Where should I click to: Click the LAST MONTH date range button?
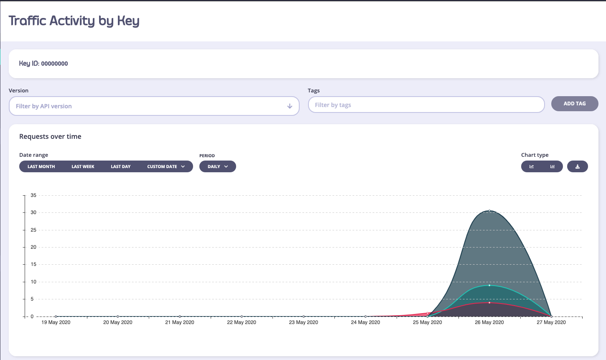[x=41, y=166]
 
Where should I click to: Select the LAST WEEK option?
[x=83, y=166]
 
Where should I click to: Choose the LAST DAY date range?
[x=120, y=166]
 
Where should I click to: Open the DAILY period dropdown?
[x=218, y=166]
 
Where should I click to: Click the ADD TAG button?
[x=575, y=104]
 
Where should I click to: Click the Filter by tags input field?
[x=426, y=105]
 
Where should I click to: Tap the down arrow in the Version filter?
[x=290, y=106]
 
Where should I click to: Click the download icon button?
[x=578, y=166]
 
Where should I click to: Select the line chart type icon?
[x=532, y=166]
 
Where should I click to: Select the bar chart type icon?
[x=553, y=166]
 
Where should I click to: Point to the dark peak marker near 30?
[x=489, y=211]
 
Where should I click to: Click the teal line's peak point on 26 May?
[x=489, y=285]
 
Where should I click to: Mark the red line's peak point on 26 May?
[x=489, y=302]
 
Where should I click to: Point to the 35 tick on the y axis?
[x=33, y=195]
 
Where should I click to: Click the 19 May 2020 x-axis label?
[x=56, y=322]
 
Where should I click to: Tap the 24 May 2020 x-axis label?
[x=365, y=322]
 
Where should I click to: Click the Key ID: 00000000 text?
[x=43, y=64]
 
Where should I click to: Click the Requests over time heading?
[x=50, y=136]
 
